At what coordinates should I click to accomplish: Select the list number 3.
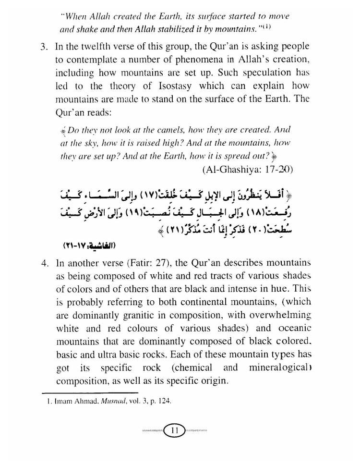tap(44, 47)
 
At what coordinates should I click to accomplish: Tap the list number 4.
tap(44, 263)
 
